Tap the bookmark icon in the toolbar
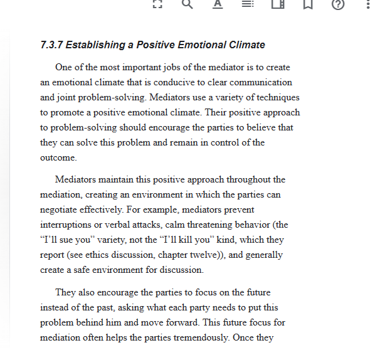click(307, 4)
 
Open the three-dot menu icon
click(367, 4)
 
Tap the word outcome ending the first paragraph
click(58, 157)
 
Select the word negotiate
click(61, 209)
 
